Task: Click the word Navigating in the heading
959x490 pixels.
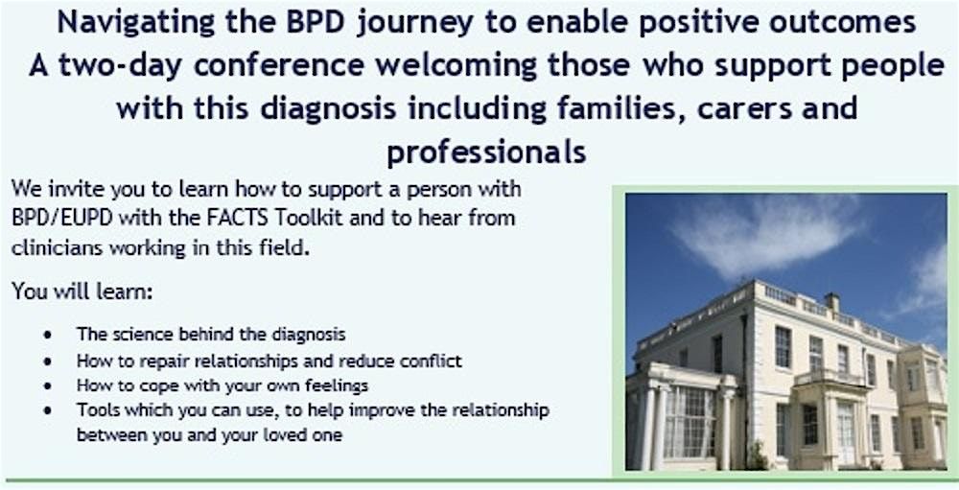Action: pos(135,23)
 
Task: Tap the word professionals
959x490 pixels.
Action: pos(486,152)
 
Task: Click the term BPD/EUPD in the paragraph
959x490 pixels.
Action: pos(61,219)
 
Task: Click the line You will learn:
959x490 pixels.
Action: pos(82,292)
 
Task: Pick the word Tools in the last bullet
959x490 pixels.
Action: pos(95,409)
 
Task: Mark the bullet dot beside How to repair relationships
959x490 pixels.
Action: pos(48,362)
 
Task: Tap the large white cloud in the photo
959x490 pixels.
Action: pos(764,236)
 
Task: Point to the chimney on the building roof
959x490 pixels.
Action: pos(831,303)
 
